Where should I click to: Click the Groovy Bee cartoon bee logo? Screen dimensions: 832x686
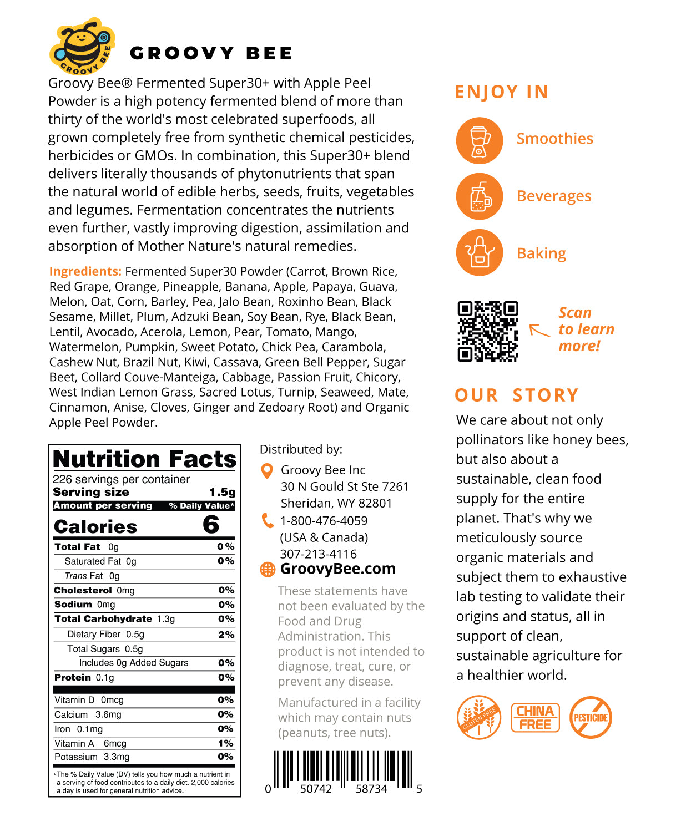(x=82, y=47)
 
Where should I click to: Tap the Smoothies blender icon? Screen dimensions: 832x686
(x=479, y=140)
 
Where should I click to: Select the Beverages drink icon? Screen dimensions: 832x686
(x=479, y=196)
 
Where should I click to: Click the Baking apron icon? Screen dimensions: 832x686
(x=479, y=253)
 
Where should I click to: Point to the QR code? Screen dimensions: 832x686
(x=488, y=331)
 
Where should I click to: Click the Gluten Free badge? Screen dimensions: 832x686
(x=478, y=717)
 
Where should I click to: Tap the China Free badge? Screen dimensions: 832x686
(x=535, y=717)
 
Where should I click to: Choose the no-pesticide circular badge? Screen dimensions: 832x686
(x=591, y=717)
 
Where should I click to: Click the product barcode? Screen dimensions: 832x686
(x=343, y=770)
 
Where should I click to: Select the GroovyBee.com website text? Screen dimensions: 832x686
(x=337, y=569)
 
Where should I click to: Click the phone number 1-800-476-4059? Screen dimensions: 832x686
(x=324, y=521)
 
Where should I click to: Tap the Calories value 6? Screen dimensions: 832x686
(x=211, y=525)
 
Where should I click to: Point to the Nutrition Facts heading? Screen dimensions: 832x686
(x=145, y=459)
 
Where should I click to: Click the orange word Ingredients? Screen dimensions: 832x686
(x=85, y=271)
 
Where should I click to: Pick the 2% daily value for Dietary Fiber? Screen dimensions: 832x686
(x=226, y=635)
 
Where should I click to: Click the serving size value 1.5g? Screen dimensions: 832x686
(x=222, y=492)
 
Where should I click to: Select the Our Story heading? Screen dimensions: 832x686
(x=516, y=395)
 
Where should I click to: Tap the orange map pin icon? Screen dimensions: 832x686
(x=267, y=471)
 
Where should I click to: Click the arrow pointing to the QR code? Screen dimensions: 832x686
(x=539, y=329)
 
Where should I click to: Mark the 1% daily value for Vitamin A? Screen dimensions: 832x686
(x=226, y=743)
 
